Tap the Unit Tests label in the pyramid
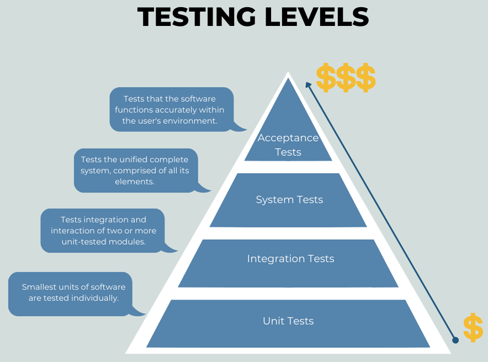(x=288, y=321)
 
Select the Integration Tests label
(x=290, y=259)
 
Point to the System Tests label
(x=289, y=200)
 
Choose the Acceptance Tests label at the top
(x=288, y=145)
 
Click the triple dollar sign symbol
(x=346, y=78)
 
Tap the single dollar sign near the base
(x=473, y=328)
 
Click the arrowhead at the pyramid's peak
(x=309, y=84)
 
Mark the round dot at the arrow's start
(x=455, y=340)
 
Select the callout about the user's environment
(x=171, y=109)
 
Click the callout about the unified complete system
(x=135, y=170)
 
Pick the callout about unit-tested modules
(x=103, y=230)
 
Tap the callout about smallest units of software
(x=71, y=294)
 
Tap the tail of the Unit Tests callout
(x=138, y=313)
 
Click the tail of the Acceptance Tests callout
(x=240, y=128)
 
